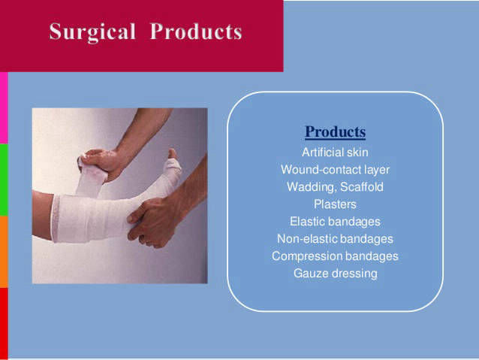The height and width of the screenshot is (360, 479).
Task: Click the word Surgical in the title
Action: (x=92, y=32)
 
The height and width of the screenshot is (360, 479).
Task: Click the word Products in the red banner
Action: (x=196, y=32)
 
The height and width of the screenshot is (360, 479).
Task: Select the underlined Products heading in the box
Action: (x=335, y=132)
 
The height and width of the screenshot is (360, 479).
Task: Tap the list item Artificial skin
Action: (x=335, y=153)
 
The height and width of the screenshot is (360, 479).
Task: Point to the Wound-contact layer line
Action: (x=335, y=170)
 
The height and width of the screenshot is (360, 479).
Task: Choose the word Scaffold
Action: (x=362, y=187)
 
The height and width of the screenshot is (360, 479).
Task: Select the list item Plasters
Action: (x=335, y=204)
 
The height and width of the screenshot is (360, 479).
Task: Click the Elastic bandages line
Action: (x=335, y=222)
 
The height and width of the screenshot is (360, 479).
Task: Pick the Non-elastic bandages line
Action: (x=335, y=239)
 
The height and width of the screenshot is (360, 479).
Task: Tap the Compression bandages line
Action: (x=335, y=256)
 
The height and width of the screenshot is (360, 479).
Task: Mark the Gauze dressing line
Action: (x=336, y=274)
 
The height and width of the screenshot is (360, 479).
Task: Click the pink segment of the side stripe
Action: (x=4, y=107)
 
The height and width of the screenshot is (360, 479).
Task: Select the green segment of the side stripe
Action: (x=4, y=180)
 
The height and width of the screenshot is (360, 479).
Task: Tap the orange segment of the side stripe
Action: (x=4, y=252)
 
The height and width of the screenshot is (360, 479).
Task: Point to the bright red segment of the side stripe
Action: (x=4, y=324)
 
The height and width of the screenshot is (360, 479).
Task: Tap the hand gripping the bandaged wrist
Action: (x=152, y=220)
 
